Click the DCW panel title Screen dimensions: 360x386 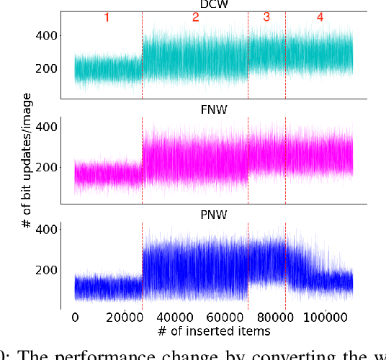point(213,5)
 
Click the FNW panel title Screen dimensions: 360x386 point(213,112)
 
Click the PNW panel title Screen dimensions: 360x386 point(213,215)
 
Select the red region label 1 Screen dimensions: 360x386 point(107,18)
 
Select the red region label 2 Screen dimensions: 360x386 point(195,18)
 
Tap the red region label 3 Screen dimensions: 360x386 point(266,18)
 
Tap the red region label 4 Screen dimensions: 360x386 point(320,18)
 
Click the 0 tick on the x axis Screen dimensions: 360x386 point(75,318)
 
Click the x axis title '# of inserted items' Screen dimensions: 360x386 point(213,331)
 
